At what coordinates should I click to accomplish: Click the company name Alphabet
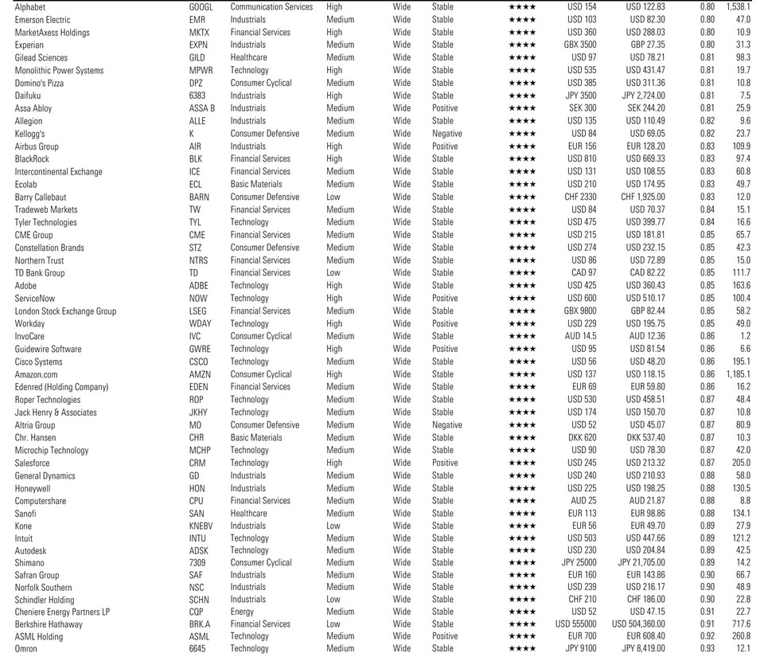[30, 7]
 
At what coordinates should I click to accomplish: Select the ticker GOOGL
[201, 7]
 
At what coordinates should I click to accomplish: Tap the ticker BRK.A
[200, 624]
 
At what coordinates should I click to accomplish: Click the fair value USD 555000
[575, 624]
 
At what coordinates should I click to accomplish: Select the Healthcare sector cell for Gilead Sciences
[249, 57]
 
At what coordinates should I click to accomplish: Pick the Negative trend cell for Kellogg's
[447, 134]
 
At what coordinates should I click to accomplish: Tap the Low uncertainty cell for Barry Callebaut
[333, 197]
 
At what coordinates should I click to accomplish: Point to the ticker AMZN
[200, 374]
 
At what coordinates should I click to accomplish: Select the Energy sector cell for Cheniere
[242, 612]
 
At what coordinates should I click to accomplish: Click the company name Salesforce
[32, 463]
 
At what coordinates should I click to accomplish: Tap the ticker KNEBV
[202, 526]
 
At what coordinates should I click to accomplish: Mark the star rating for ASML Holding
[522, 636]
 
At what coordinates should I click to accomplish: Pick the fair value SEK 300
[582, 108]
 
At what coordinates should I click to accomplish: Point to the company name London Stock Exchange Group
[65, 311]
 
